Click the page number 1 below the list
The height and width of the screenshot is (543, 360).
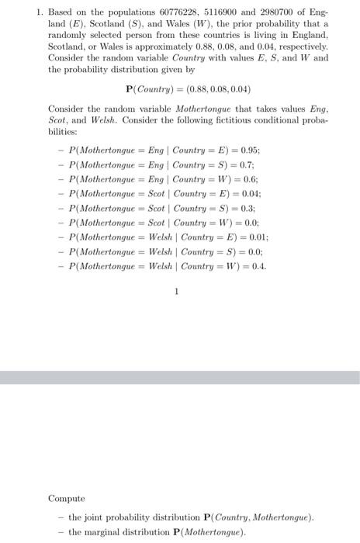pyautogui.click(x=178, y=292)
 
